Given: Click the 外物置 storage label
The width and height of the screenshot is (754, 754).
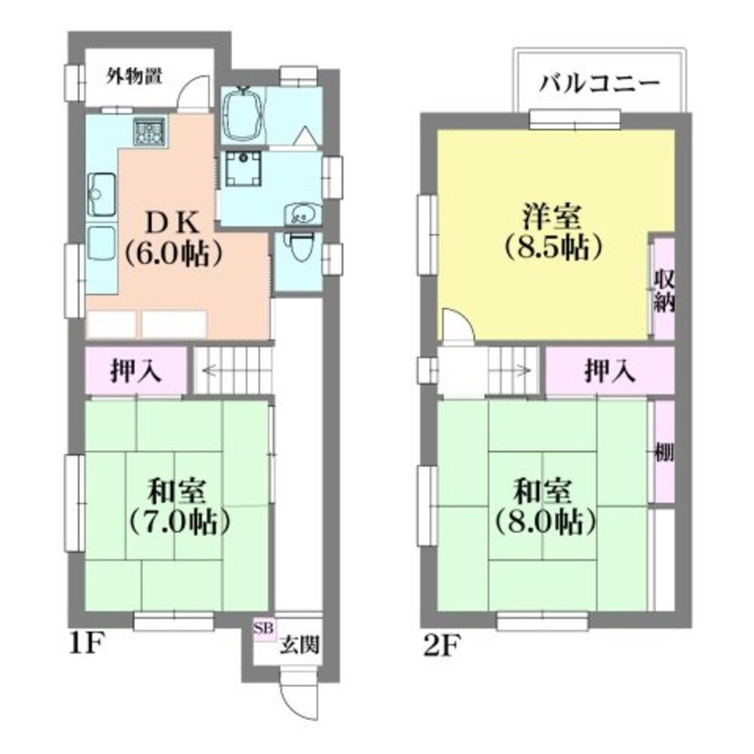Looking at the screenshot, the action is pos(133,76).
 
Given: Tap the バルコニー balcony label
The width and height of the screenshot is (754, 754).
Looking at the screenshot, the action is pos(599,84).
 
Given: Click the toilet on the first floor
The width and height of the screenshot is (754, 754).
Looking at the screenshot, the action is pos(300,245).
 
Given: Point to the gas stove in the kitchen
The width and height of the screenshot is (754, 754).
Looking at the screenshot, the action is pos(149,130).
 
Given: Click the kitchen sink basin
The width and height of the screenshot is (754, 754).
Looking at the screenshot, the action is pos(102,194).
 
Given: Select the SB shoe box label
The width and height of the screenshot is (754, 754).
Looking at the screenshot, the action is pos(263,628).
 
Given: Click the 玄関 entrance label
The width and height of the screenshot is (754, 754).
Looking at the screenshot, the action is pos(300,645).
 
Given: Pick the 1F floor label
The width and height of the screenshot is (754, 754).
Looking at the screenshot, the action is pos(87,645).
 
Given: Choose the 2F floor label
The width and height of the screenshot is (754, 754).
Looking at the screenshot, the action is pos(440,645).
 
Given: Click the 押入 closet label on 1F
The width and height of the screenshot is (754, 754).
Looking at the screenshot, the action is pos(136,371).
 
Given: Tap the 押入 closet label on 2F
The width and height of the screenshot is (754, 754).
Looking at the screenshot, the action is pos(610,371).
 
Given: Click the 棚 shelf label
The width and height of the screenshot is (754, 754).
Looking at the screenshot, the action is pos(664,452).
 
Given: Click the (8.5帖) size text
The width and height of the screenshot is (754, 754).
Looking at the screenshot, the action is pos(553,247).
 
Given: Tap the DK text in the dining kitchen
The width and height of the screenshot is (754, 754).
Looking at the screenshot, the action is pos(172,222).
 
